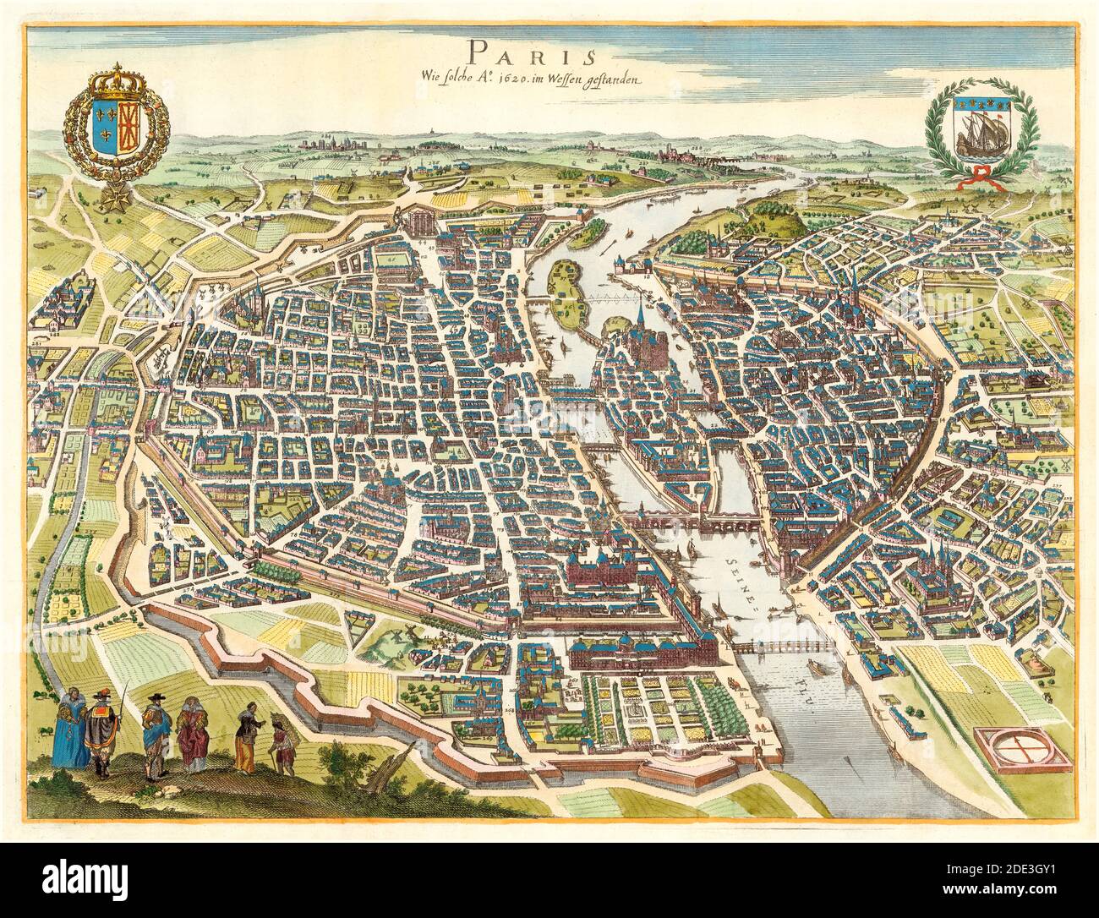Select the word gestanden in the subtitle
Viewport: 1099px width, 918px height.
618,80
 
